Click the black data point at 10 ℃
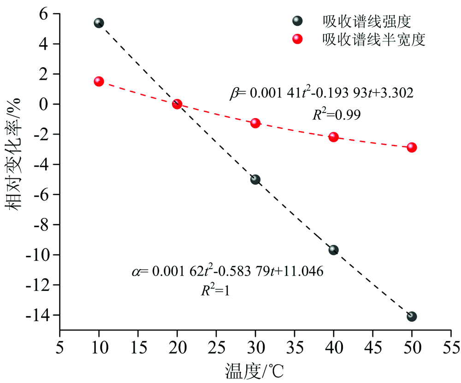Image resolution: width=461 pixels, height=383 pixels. [x=99, y=23]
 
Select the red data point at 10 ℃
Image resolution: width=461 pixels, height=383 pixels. [x=99, y=81]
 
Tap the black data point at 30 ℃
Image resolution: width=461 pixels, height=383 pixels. [x=255, y=179]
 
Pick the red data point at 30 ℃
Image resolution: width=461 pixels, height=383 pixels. [x=255, y=123]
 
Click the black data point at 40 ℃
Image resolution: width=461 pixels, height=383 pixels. [x=334, y=250]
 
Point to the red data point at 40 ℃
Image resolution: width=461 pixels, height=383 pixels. [x=334, y=137]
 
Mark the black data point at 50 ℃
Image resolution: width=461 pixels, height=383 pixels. [x=412, y=316]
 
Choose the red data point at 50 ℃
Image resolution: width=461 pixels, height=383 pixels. [x=412, y=147]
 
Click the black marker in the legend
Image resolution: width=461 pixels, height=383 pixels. [x=297, y=21]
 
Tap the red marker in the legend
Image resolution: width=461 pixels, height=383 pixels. [x=297, y=40]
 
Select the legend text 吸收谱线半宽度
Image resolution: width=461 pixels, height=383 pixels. [x=374, y=40]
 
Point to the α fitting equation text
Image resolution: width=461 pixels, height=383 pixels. [x=228, y=271]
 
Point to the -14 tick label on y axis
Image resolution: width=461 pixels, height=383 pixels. [x=41, y=315]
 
